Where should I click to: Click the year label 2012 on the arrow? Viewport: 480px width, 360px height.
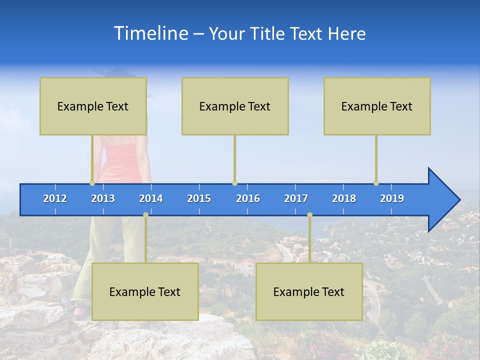55,198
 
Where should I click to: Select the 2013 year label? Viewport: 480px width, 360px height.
103,198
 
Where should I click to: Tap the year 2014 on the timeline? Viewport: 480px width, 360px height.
151,198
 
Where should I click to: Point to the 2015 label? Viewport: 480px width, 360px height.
199,198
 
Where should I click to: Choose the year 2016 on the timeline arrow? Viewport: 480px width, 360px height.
248,198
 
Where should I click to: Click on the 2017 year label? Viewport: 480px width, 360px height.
296,198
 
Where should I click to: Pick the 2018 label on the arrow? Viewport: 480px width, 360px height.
344,198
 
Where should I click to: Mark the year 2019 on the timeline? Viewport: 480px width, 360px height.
392,198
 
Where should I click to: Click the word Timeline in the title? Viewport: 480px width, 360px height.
150,33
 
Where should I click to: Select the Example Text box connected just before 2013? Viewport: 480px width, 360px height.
93,106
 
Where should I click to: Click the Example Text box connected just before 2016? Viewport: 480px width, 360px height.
235,106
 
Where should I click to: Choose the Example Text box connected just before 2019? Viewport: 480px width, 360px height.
377,106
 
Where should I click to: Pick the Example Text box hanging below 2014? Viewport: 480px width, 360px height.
145,291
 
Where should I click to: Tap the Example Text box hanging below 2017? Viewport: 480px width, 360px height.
309,291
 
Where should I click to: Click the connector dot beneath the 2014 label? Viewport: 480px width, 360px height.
145,214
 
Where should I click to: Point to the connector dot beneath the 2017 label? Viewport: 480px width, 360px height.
309,214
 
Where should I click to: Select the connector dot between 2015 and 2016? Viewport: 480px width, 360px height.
234,183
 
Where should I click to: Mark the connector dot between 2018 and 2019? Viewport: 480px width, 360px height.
376,183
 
